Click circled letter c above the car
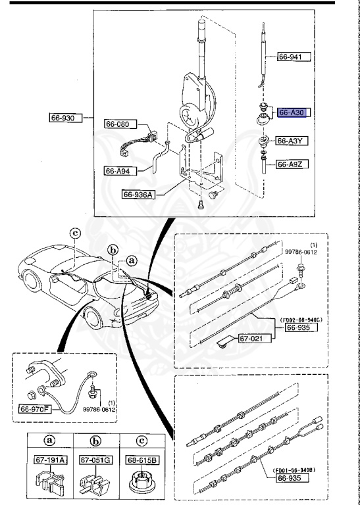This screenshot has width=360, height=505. pos(75,233)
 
